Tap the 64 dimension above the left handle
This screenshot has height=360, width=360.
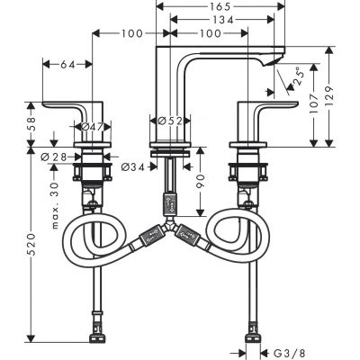pos(67,65)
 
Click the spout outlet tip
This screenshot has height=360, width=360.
pos(271,65)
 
